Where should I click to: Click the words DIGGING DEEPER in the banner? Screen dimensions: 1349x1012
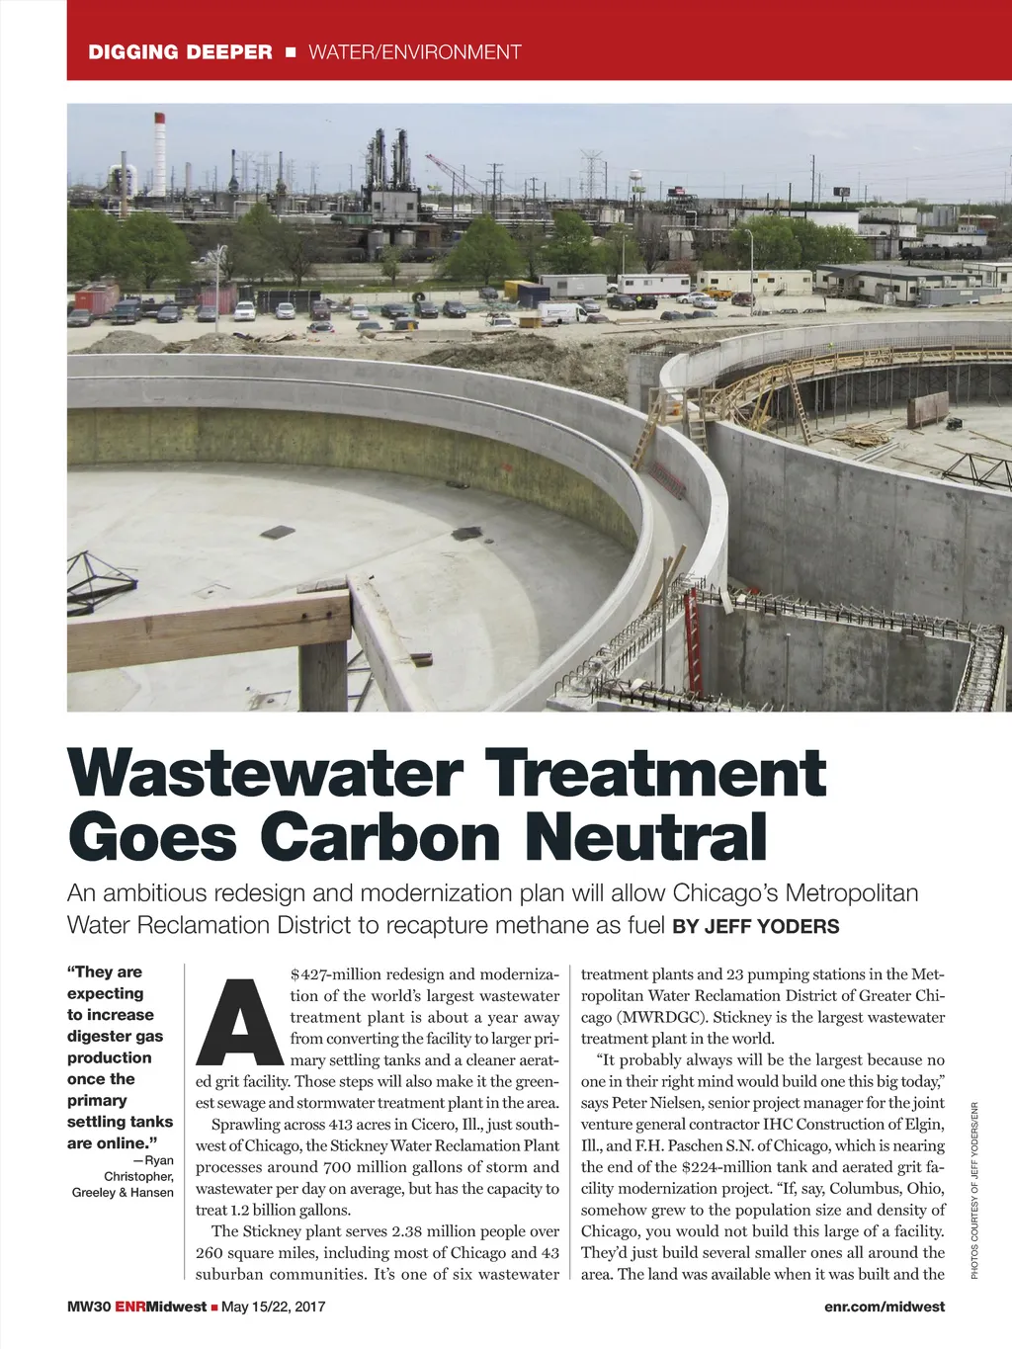point(180,52)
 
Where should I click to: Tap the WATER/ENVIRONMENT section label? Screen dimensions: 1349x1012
point(414,52)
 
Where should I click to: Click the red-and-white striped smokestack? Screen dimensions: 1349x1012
point(159,153)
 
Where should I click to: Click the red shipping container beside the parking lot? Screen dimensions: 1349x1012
point(96,297)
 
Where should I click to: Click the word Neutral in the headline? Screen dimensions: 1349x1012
point(646,837)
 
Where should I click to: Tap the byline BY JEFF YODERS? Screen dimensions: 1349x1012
point(755,927)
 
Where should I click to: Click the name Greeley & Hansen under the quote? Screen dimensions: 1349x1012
point(123,1193)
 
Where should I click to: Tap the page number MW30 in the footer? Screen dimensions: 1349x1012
point(88,1307)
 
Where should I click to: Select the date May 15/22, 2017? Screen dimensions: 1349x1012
point(273,1307)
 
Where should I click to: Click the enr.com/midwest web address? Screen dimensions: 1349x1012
point(884,1307)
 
